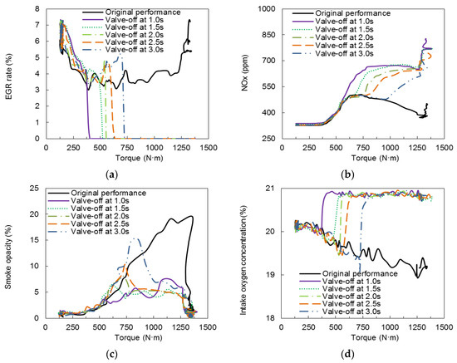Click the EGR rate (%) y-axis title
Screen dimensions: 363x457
pyautogui.click(x=7, y=73)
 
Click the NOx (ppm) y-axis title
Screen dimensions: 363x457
pyautogui.click(x=238, y=73)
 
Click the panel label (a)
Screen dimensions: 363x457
pyautogui.click(x=112, y=172)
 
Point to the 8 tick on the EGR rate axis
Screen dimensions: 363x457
pyautogui.click(x=31, y=8)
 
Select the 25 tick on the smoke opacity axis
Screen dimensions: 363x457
pyautogui.click(x=29, y=189)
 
